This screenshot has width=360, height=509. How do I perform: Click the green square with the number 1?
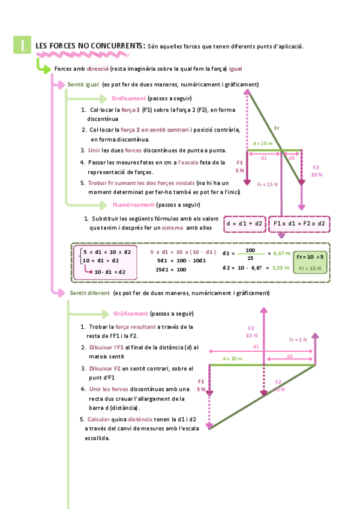(x=22, y=45)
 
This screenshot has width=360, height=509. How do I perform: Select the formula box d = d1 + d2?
(x=244, y=224)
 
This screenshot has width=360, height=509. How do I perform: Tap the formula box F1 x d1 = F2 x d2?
(x=299, y=224)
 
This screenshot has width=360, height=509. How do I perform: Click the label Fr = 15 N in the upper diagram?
(x=267, y=184)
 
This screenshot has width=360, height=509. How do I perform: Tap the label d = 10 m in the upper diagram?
(x=262, y=144)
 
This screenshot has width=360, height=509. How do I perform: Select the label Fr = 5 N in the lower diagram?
(x=298, y=340)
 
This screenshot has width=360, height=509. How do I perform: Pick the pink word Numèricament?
(x=133, y=204)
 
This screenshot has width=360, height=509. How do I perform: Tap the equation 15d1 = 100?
(x=172, y=270)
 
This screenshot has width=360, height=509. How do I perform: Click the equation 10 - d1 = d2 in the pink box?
(x=109, y=271)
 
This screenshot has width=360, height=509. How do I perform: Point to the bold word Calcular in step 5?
(x=98, y=419)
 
